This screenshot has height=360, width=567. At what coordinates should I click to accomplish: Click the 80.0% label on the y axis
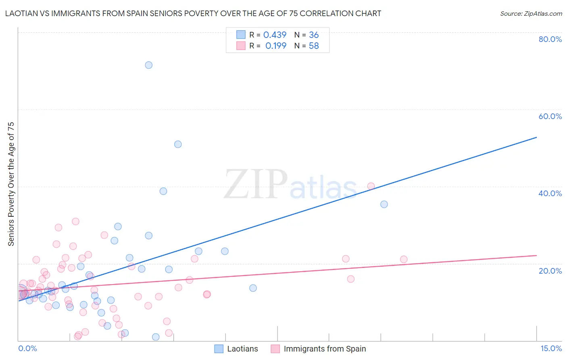point(550,39)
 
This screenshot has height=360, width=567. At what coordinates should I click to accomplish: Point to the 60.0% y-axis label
point(550,116)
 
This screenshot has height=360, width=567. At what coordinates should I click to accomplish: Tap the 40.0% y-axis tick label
point(550,193)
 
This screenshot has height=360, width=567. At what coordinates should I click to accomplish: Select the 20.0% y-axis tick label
point(550,270)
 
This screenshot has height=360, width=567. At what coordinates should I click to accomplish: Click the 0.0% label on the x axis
point(27,348)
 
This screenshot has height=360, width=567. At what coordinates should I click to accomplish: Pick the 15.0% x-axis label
point(551,348)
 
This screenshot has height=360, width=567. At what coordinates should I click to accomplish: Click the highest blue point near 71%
point(149,65)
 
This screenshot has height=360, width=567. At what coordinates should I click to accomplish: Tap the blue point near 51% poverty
point(178,144)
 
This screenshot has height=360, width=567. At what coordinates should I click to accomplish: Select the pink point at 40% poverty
point(371,186)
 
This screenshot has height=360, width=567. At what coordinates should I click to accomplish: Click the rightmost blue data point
point(384,204)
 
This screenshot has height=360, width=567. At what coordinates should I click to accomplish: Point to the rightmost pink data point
point(404,259)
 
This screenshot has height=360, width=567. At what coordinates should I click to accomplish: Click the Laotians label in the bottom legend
point(242,349)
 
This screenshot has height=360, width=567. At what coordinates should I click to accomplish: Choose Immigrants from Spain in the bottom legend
point(325,349)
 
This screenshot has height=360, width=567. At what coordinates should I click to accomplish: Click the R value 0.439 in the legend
point(275,35)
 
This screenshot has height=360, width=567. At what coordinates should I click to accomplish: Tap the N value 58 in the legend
point(314,46)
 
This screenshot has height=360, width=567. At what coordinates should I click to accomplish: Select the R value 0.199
point(276,46)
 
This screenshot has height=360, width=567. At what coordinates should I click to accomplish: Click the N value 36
point(314,35)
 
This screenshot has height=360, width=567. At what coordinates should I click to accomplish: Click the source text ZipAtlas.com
point(531,14)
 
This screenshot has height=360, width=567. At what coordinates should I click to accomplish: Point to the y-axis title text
point(11,184)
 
